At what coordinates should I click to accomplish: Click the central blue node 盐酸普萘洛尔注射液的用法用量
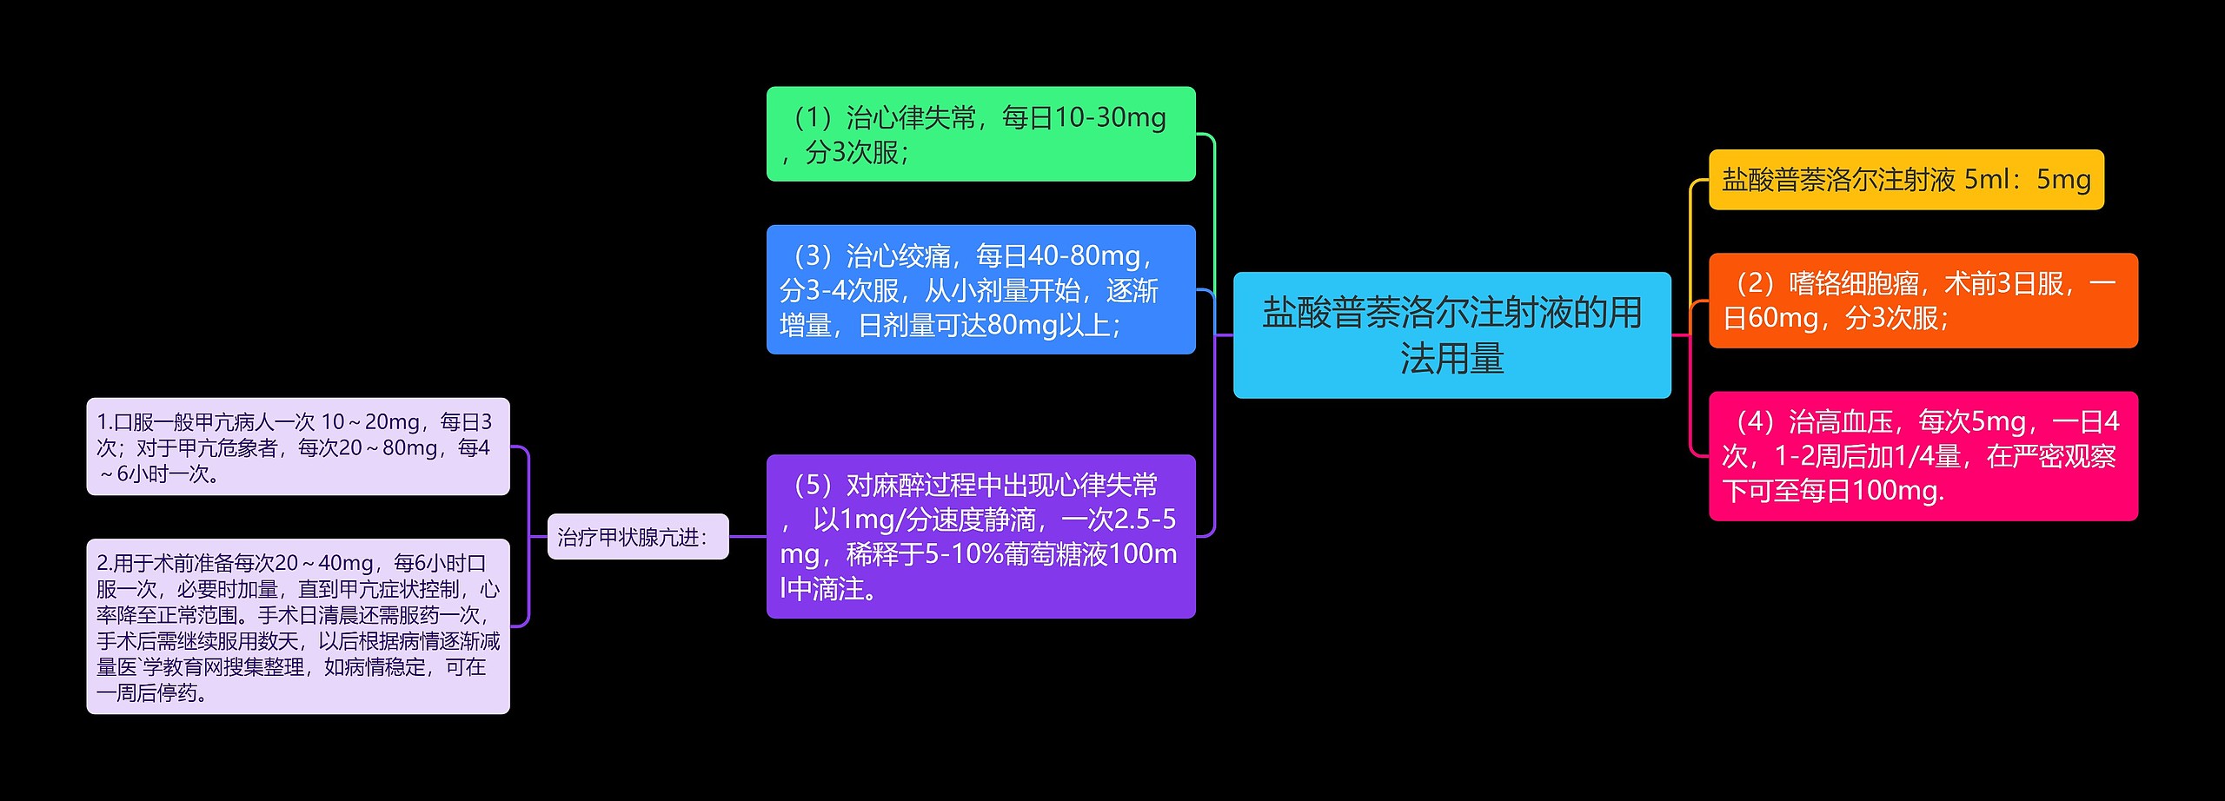coord(1451,334)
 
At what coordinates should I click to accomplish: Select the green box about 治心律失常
coord(980,134)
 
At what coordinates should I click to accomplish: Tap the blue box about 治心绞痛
coord(980,289)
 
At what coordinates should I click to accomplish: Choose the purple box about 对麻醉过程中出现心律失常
coord(980,536)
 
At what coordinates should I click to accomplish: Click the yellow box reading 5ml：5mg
coord(1906,180)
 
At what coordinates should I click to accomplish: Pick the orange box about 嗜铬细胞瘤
coord(1923,301)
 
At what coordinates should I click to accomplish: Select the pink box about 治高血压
coord(1923,456)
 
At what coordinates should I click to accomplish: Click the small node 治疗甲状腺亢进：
coord(637,537)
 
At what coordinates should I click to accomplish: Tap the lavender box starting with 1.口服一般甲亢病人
coord(297,447)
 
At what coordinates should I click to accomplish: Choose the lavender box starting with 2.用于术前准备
coord(297,626)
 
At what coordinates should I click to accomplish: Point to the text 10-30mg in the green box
coord(1109,117)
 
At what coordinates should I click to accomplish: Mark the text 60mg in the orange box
coord(1783,318)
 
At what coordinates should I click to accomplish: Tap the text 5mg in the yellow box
coord(2063,180)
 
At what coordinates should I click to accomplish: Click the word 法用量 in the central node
coord(1451,358)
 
